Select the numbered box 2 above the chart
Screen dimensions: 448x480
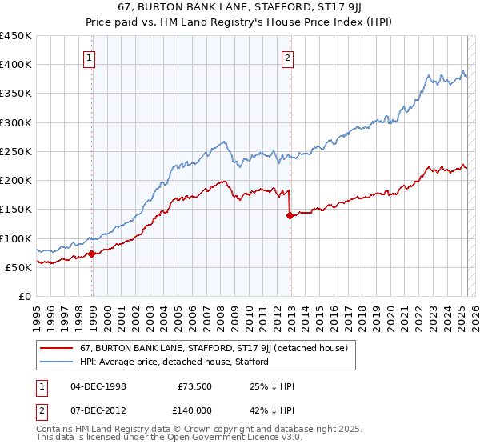coord(286,58)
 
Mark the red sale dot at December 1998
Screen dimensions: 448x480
coord(92,254)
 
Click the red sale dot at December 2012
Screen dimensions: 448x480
coord(290,215)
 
